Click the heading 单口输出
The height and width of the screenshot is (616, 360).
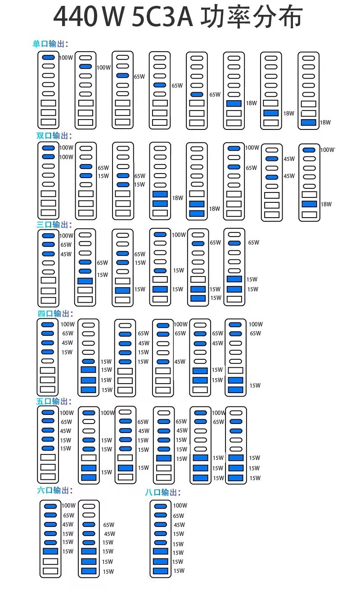point(50,44)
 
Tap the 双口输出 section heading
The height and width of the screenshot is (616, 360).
point(54,136)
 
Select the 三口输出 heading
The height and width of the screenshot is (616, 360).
point(54,224)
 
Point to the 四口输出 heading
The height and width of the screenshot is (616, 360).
point(55,313)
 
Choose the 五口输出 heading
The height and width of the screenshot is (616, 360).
point(54,401)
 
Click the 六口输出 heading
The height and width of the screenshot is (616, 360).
point(55,490)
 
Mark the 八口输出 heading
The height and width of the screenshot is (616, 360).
point(162,492)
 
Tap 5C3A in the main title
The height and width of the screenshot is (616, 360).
point(162,17)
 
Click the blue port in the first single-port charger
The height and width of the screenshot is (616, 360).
point(49,57)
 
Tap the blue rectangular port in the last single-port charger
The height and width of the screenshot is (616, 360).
point(308,122)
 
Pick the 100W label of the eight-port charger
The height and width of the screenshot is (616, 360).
point(180,505)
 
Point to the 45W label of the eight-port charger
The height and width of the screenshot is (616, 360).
point(180,525)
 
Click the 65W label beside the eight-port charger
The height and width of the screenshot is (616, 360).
point(178,516)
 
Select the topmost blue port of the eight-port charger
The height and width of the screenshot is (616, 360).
point(161,506)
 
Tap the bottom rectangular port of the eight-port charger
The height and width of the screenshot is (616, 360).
point(161,571)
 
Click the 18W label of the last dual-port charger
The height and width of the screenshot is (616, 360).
point(326,204)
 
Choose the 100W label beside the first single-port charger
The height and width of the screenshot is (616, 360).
point(66,58)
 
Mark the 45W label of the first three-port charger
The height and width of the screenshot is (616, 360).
point(66,254)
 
